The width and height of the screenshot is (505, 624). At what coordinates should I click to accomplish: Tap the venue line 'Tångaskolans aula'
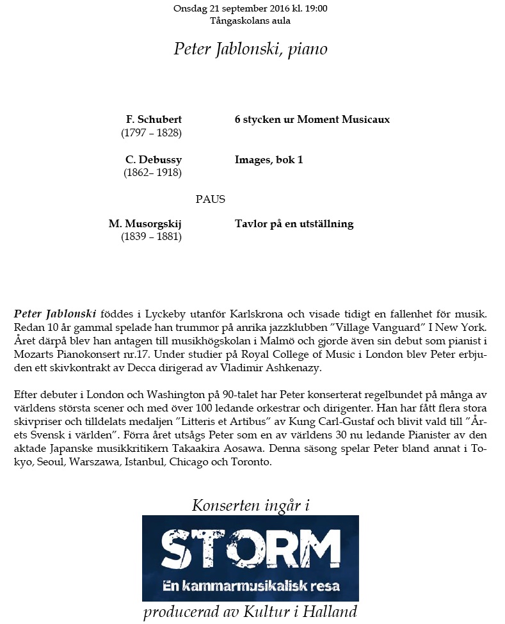[250, 20]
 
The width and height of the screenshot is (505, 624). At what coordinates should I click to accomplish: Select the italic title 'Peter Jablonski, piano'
[250, 49]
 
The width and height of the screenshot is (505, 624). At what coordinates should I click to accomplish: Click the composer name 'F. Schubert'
[154, 120]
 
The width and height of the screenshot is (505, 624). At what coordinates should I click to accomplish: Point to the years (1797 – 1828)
[151, 133]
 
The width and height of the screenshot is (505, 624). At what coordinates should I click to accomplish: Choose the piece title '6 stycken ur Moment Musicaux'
[312, 120]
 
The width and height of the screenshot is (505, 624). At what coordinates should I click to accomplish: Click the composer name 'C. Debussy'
[154, 159]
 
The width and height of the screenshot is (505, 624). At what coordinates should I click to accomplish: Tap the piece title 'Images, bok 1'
[269, 159]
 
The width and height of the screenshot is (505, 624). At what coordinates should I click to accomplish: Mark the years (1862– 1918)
[152, 173]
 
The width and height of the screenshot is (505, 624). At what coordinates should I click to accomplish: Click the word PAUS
[211, 199]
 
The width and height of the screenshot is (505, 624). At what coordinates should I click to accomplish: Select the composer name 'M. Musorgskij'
[145, 224]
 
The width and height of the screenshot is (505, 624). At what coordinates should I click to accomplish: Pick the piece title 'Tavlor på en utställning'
[294, 224]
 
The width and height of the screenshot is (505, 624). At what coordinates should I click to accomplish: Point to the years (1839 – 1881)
[151, 237]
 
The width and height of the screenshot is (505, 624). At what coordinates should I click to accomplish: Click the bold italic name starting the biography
[55, 314]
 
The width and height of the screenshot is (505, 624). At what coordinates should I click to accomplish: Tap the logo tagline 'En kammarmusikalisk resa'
[250, 586]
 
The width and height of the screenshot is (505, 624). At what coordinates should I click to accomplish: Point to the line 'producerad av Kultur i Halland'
[250, 612]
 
